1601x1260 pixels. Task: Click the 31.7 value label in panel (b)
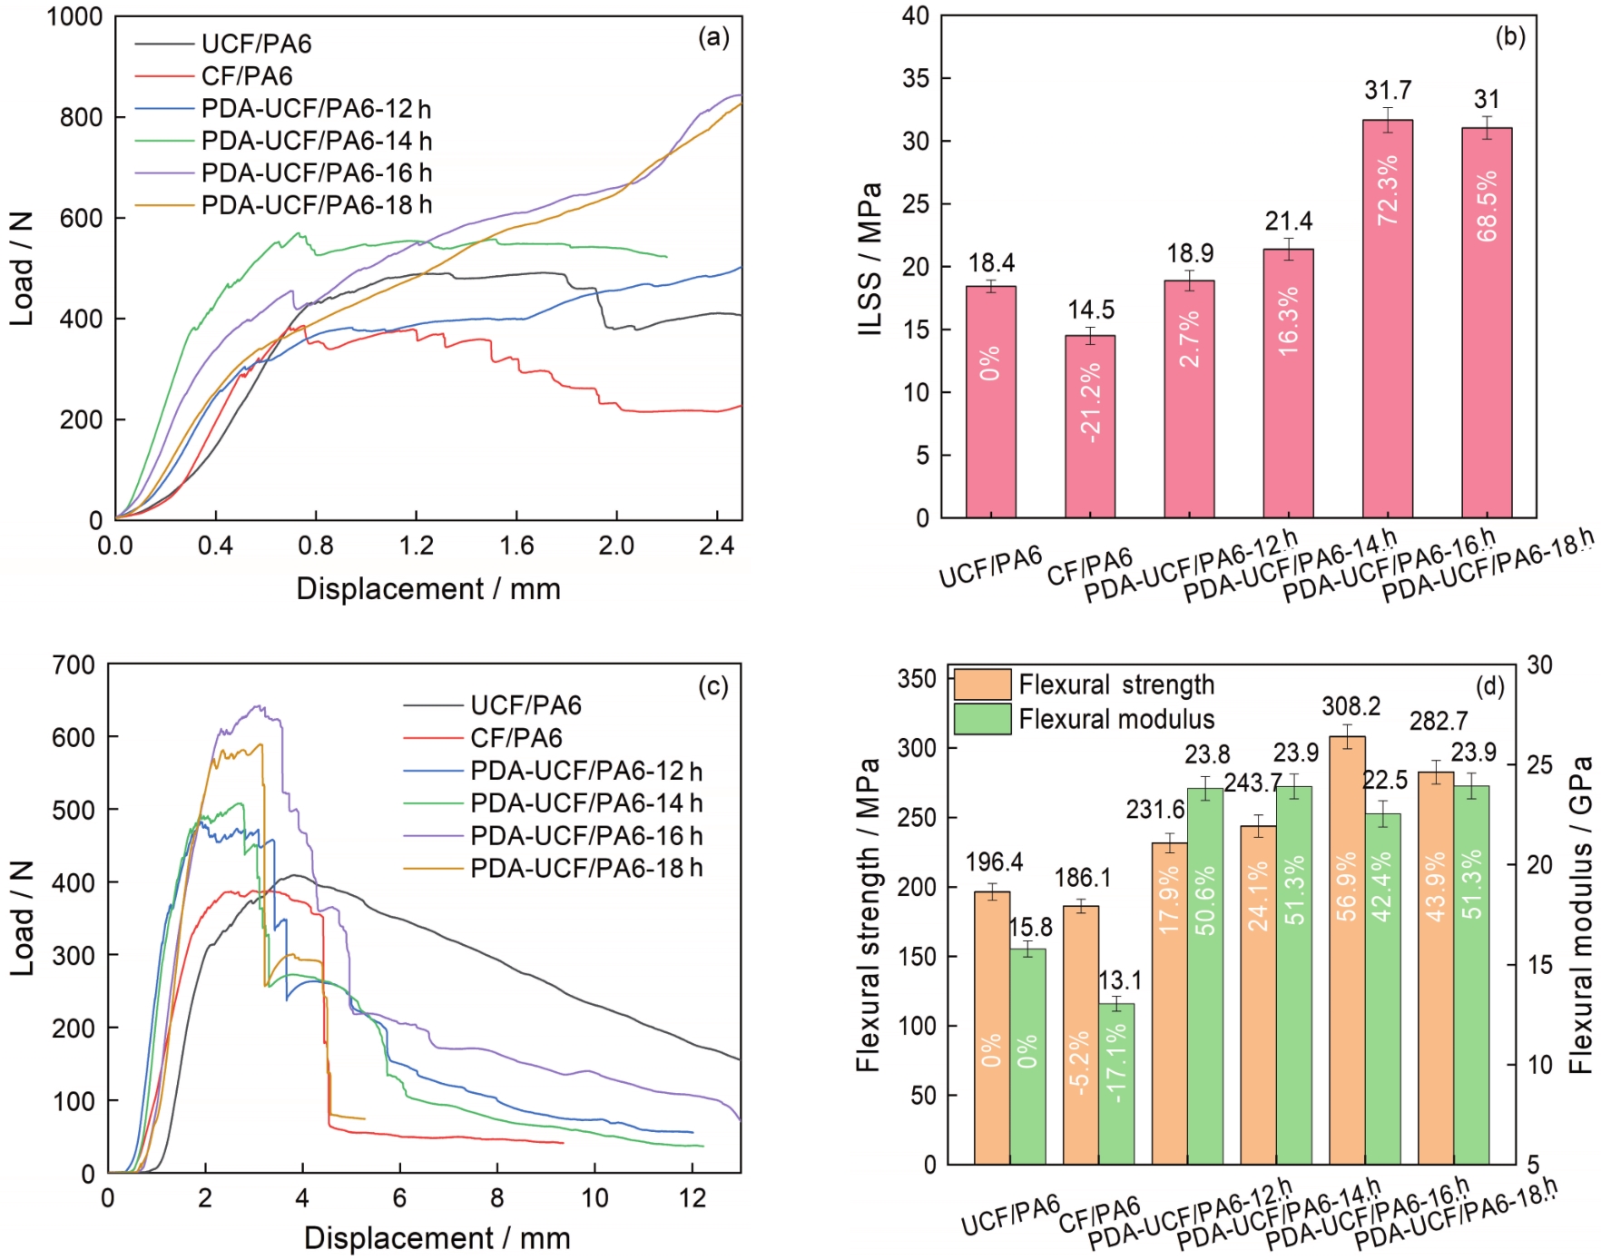click(x=1387, y=91)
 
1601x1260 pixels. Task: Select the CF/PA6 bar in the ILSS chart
click(x=1090, y=427)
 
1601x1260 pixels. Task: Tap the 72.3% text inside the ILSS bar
click(x=1388, y=190)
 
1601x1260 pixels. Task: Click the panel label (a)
click(x=713, y=37)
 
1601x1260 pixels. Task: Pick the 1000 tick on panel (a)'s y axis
click(x=74, y=17)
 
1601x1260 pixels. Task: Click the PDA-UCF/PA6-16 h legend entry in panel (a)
click(x=316, y=172)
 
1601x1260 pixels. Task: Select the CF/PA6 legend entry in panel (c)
click(x=516, y=738)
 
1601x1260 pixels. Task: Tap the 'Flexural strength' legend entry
click(x=1116, y=684)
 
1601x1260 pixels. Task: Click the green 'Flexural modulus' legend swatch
click(x=982, y=719)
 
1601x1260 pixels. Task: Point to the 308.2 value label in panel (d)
click(x=1351, y=706)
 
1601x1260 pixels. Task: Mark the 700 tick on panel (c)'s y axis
click(x=74, y=665)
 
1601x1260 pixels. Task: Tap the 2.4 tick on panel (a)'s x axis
click(x=717, y=546)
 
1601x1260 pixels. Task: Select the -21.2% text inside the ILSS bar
click(x=1090, y=402)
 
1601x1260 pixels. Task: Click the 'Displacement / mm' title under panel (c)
click(x=437, y=1238)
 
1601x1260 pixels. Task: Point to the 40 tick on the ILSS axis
click(x=916, y=16)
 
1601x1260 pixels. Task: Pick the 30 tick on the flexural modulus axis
click(x=1539, y=665)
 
